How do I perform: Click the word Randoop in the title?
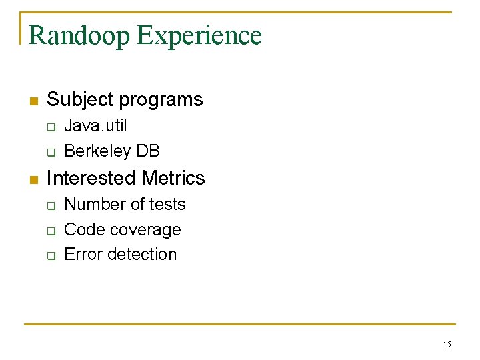[79, 35]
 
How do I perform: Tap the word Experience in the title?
[199, 35]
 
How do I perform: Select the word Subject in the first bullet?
[77, 100]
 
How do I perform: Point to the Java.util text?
[95, 126]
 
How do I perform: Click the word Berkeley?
[97, 151]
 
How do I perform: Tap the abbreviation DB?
[148, 151]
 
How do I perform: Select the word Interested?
[91, 178]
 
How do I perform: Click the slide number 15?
[447, 344]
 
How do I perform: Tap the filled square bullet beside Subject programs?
[33, 101]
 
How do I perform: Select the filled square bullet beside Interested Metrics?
[33, 179]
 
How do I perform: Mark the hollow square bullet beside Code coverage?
[49, 231]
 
